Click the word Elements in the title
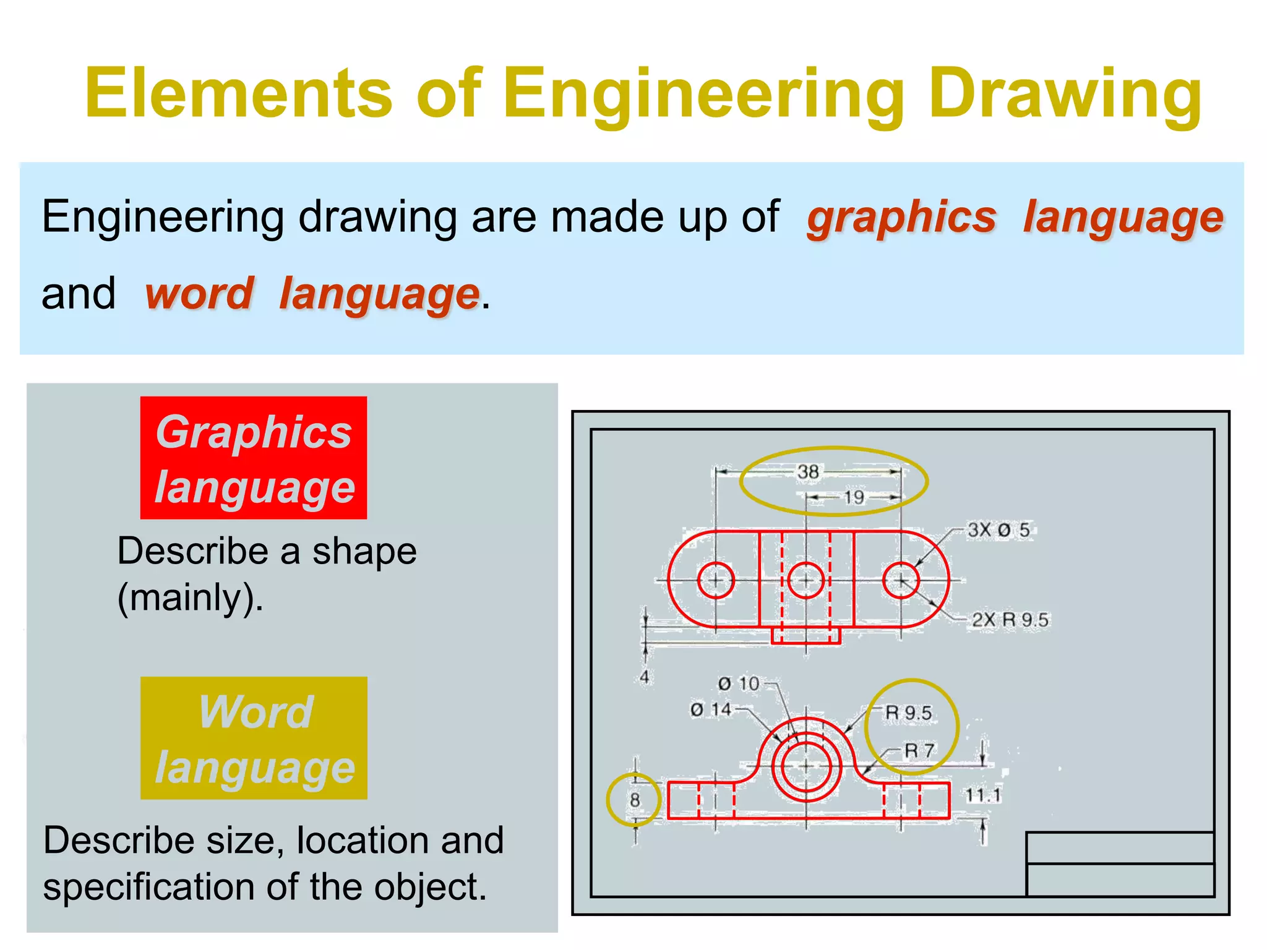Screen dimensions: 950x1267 [239, 94]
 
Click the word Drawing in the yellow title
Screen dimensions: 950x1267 [1065, 94]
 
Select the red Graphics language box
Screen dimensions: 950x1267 [254, 458]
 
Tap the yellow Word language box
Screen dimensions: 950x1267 [254, 738]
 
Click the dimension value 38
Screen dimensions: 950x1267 [808, 472]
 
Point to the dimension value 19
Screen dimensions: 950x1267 [854, 497]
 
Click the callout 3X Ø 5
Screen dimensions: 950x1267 [999, 530]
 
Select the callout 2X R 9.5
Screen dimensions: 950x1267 [1010, 620]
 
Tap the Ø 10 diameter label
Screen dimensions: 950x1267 [738, 683]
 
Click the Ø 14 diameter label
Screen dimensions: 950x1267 [711, 709]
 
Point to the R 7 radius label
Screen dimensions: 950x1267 [919, 751]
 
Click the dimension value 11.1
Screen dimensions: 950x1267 [983, 795]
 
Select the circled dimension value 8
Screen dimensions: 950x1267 [635, 800]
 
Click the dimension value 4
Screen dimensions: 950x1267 [645, 677]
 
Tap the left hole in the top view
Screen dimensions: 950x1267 [716, 581]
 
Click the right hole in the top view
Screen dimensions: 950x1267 [901, 581]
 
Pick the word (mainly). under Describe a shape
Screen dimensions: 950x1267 [190, 598]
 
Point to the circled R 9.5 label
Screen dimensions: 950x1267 [908, 713]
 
